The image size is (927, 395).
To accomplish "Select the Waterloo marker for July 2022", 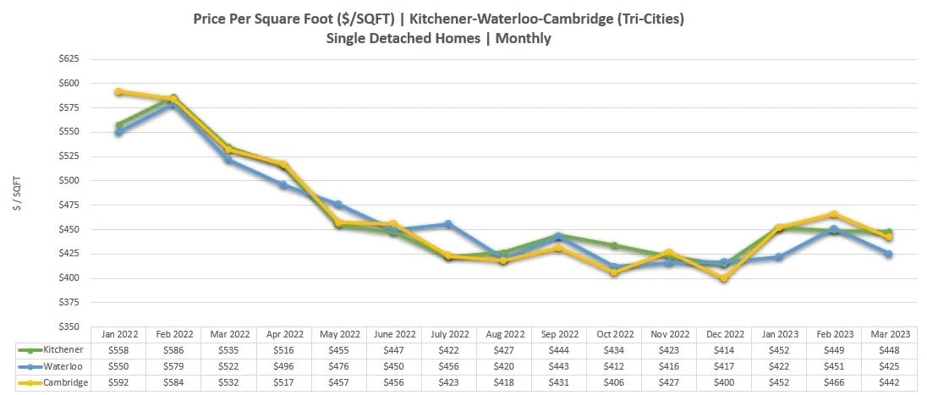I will [x=448, y=224].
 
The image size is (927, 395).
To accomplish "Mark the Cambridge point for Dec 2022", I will [x=723, y=278].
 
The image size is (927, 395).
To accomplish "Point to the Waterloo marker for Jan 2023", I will [x=779, y=257].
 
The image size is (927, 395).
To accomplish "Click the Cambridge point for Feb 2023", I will [x=834, y=214].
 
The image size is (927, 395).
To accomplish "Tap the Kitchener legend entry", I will [x=51, y=349].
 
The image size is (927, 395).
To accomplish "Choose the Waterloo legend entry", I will [x=51, y=366].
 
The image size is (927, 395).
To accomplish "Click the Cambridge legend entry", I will [x=51, y=382].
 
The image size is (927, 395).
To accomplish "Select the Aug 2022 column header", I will [x=503, y=333].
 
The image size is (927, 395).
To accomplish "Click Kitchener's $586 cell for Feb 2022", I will [x=173, y=349].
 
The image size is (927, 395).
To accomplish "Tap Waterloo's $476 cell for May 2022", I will [x=338, y=366].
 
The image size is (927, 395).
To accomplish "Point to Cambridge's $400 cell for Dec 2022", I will [x=723, y=382].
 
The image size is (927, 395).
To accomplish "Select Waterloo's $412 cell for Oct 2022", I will [x=613, y=366].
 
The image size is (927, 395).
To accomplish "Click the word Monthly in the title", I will [x=524, y=37].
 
